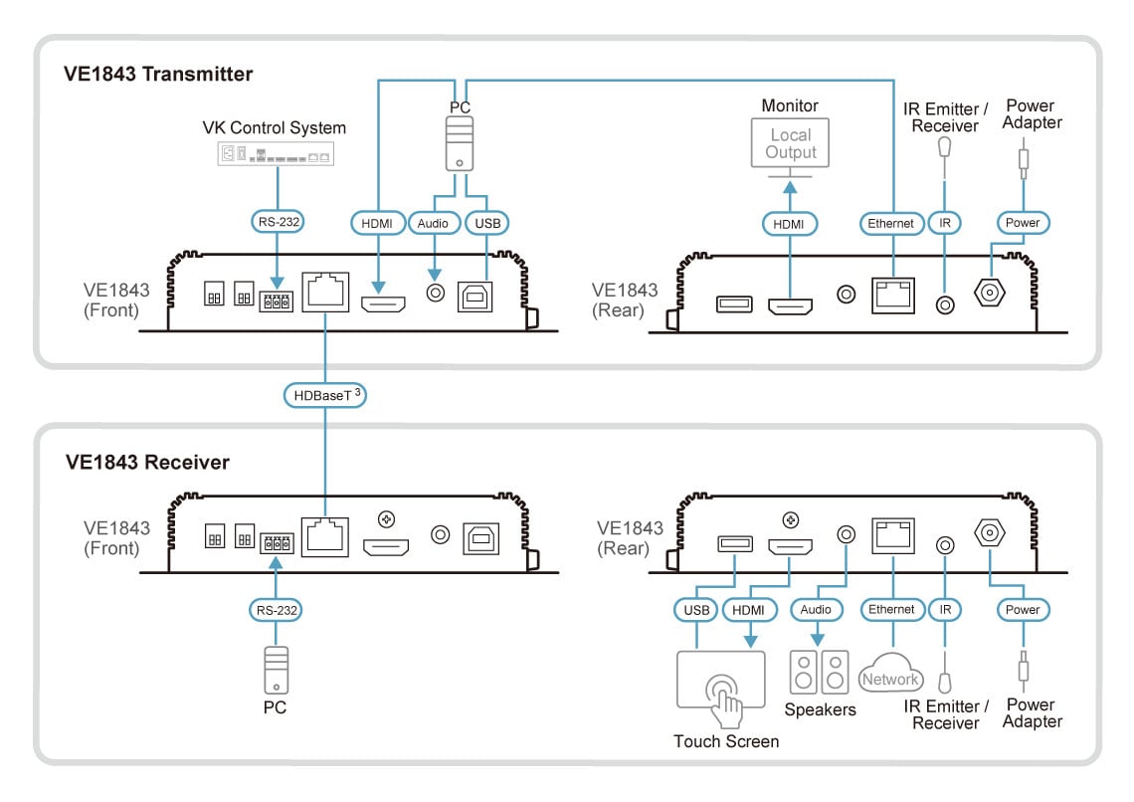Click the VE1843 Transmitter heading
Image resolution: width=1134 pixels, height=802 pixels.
[x=159, y=75]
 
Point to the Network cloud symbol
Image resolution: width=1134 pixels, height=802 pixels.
[x=891, y=676]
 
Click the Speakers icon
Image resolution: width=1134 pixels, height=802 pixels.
[x=820, y=673]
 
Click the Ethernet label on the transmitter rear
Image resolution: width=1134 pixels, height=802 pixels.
[x=890, y=224]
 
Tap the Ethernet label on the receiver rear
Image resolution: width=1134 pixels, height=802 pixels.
[x=891, y=609]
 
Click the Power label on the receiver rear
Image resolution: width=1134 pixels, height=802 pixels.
[x=1022, y=609]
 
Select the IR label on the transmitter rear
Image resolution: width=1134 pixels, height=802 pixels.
[x=944, y=224]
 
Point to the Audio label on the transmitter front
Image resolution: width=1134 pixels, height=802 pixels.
[x=433, y=224]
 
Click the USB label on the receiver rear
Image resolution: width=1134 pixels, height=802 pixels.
[x=695, y=609]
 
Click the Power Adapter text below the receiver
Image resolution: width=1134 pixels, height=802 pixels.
[x=1032, y=713]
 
